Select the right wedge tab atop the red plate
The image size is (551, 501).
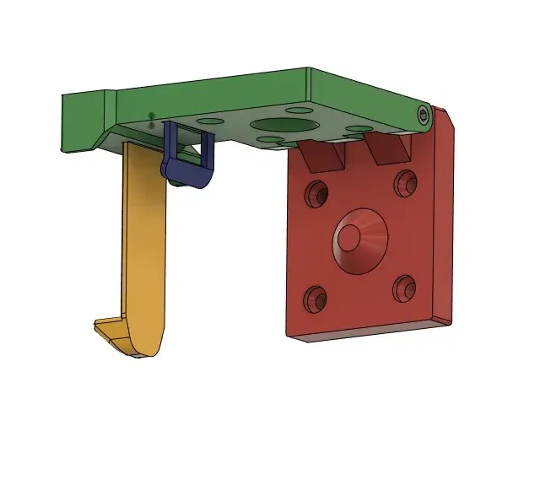pyautogui.click(x=387, y=149)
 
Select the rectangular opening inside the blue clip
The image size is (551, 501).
pyautogui.click(x=193, y=150)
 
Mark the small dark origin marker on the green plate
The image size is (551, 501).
pyautogui.click(x=151, y=118)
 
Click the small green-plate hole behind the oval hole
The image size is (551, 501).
pyautogui.click(x=296, y=110)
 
